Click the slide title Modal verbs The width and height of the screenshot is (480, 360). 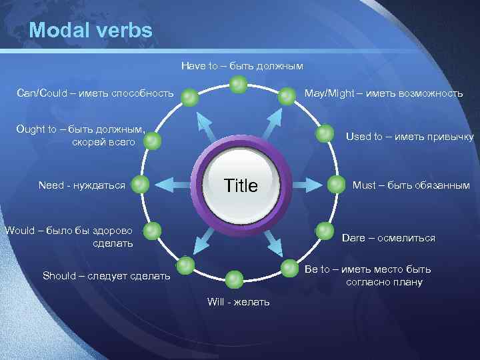point(91,31)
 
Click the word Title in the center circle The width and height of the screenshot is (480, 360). point(241,185)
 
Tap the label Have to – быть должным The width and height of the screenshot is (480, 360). point(242,66)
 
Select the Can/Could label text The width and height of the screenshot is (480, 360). point(95,93)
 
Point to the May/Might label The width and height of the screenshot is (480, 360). point(383,93)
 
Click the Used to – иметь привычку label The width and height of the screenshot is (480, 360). point(409,137)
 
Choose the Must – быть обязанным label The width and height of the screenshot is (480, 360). point(411,185)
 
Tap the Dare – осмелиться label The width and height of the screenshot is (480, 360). point(388,238)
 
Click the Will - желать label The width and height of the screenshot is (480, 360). point(239,302)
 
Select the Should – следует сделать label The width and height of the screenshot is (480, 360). point(106,275)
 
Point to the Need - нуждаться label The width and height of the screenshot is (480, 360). point(82,185)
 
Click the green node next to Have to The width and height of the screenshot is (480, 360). point(239,84)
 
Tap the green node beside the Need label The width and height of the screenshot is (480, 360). point(140,185)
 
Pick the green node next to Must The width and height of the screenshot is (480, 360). point(333,184)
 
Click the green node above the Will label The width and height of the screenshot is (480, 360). point(235,279)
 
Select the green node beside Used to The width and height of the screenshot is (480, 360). point(325,133)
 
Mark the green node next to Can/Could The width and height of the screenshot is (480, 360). point(190,97)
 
